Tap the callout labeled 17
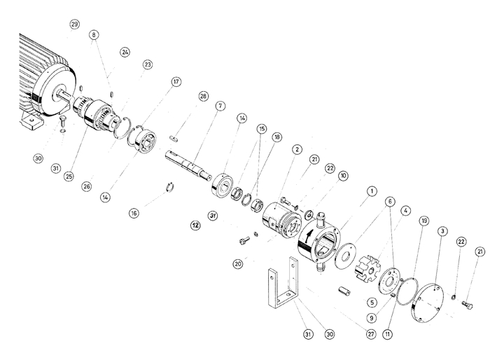(176, 81)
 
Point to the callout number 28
(203, 96)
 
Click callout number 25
(69, 176)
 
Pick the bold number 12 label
(196, 226)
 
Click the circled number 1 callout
(372, 190)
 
